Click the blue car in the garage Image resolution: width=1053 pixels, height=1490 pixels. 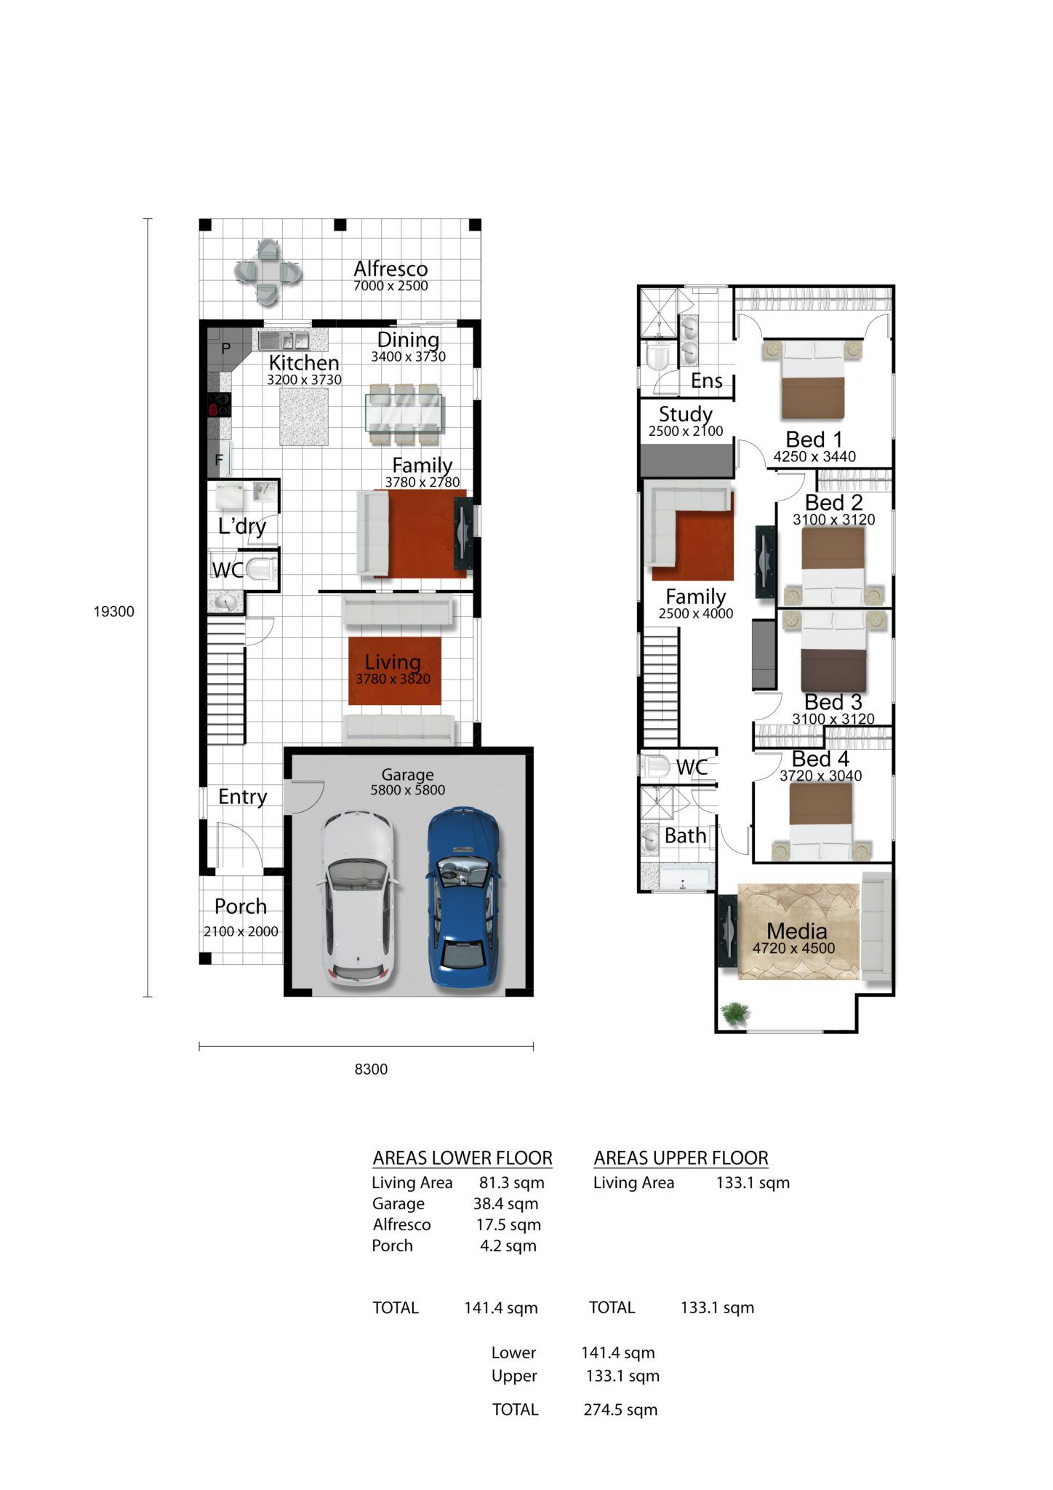click(463, 897)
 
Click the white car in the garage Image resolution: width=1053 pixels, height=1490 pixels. click(357, 899)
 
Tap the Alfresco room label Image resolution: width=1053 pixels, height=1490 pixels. click(391, 268)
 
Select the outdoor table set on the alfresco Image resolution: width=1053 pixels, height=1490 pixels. click(268, 272)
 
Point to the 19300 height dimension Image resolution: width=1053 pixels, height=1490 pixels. click(114, 611)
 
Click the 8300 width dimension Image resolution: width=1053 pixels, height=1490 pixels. click(371, 1069)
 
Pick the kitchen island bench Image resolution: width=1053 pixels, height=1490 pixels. click(304, 416)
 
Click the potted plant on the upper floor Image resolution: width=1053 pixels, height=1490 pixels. click(735, 1013)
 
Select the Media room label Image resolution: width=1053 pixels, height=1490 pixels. click(796, 931)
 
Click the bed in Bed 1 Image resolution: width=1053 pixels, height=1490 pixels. click(812, 379)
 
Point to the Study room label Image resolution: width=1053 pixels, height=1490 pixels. click(685, 414)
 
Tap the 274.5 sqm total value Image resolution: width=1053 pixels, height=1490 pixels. click(620, 1409)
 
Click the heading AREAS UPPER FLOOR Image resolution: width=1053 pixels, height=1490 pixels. click(681, 1158)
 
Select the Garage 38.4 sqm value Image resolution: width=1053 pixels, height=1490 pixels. click(505, 1203)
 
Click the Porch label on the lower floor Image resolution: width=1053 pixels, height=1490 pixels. click(241, 907)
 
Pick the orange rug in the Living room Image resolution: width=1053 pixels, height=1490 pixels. click(395, 671)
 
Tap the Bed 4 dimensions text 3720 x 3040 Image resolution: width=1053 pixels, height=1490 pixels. click(820, 776)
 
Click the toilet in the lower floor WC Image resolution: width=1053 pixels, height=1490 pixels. click(260, 569)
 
